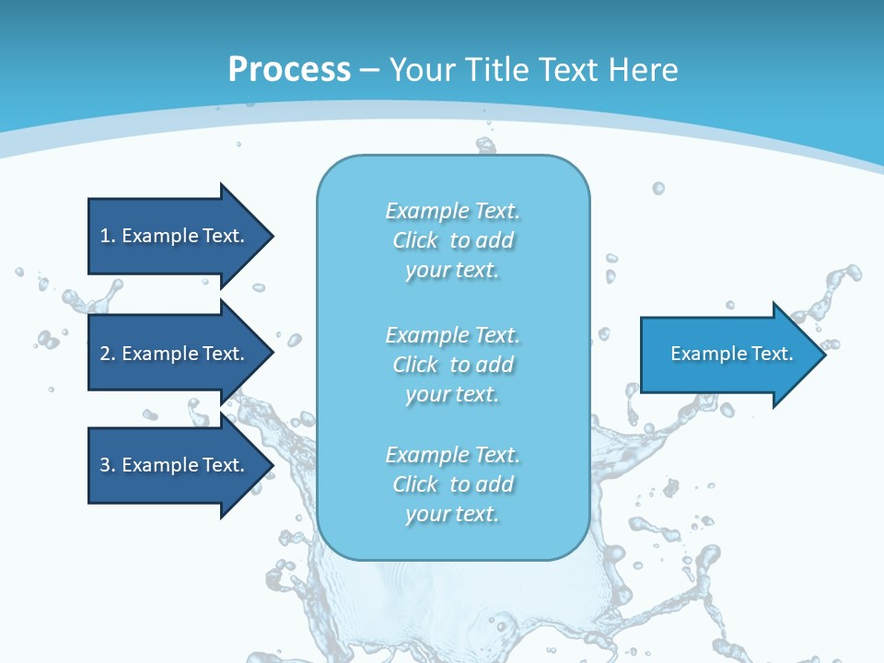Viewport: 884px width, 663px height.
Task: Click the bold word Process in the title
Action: point(289,70)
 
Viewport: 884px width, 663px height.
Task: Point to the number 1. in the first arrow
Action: point(108,236)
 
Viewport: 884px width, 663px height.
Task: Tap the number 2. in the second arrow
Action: point(108,354)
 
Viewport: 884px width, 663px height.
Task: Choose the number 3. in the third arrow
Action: point(108,465)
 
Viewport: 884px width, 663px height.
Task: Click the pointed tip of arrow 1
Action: point(268,236)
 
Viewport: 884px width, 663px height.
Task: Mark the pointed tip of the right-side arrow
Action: point(821,355)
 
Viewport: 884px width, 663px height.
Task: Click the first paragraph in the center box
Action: point(453,240)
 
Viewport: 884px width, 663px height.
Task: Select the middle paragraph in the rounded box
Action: point(453,365)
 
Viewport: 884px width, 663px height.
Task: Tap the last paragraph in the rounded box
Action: point(453,484)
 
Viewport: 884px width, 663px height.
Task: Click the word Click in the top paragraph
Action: point(415,240)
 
